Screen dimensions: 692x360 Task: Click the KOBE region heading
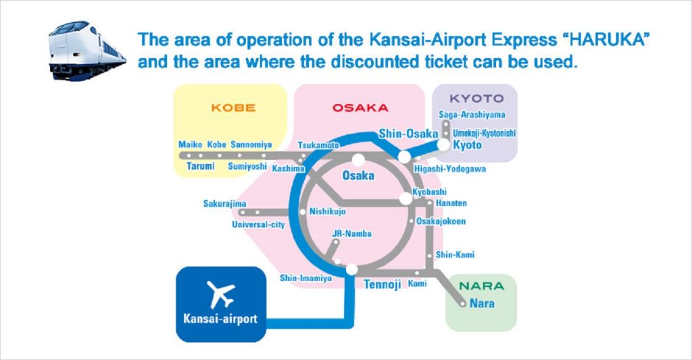click(x=233, y=107)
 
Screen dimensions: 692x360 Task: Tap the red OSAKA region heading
click(x=360, y=107)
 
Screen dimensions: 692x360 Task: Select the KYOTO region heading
click(x=476, y=99)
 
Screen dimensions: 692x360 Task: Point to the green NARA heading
click(x=481, y=286)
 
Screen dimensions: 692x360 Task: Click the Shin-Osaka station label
click(x=408, y=133)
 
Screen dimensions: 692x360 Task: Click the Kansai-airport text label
click(x=220, y=319)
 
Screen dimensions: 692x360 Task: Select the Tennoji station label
click(x=382, y=284)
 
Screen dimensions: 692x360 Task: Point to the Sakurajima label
click(x=224, y=203)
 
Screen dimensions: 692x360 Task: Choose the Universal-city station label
click(x=258, y=224)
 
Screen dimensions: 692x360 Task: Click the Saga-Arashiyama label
click(x=472, y=115)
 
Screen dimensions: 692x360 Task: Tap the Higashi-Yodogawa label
click(x=449, y=169)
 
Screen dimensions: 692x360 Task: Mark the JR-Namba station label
click(x=351, y=234)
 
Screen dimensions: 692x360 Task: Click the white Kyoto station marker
click(x=443, y=145)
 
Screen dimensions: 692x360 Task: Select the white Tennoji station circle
click(x=351, y=269)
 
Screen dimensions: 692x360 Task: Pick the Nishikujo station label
click(x=328, y=211)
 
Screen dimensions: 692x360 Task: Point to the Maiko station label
click(x=190, y=145)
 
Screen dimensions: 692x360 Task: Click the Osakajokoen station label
click(x=441, y=221)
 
